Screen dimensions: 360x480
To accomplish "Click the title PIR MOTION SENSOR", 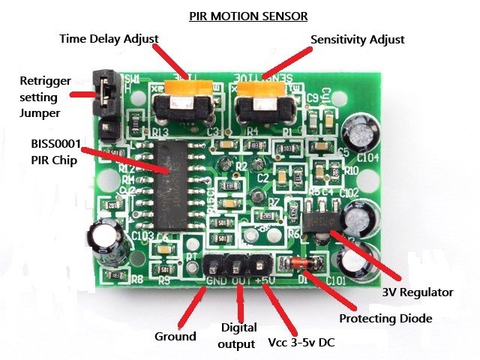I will tap(248, 15).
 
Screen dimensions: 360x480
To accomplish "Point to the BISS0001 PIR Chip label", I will tap(51, 152).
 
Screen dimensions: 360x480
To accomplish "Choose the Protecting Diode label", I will tap(385, 319).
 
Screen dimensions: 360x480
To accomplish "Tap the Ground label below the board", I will tap(175, 337).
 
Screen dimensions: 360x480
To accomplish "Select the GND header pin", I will tap(217, 265).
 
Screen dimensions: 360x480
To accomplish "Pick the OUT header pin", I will tap(238, 265).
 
